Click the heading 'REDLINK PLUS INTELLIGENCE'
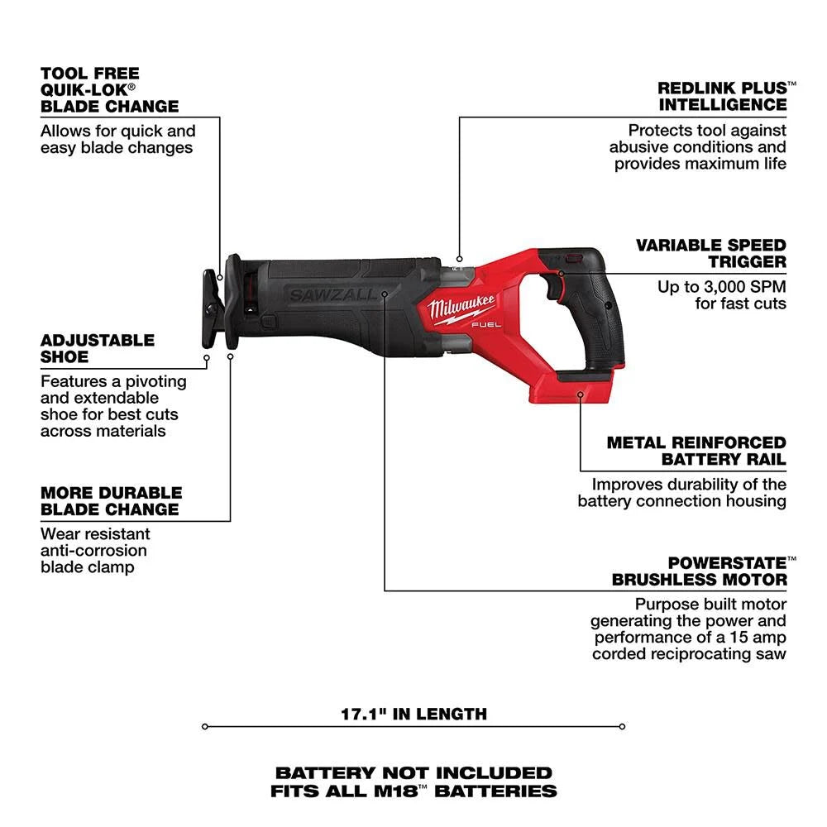721,96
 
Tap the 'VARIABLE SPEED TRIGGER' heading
710,253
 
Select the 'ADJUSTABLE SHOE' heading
98,348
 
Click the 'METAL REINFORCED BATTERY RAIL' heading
696,451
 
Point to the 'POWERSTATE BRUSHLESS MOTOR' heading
699,571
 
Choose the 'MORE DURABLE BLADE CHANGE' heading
109,500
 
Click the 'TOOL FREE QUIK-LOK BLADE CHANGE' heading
109,89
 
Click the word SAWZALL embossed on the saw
331,294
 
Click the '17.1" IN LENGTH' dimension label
414,713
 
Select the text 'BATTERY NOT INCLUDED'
413,772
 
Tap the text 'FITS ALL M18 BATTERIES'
413,791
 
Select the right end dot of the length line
621,727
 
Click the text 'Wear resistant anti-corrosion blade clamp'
95,550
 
